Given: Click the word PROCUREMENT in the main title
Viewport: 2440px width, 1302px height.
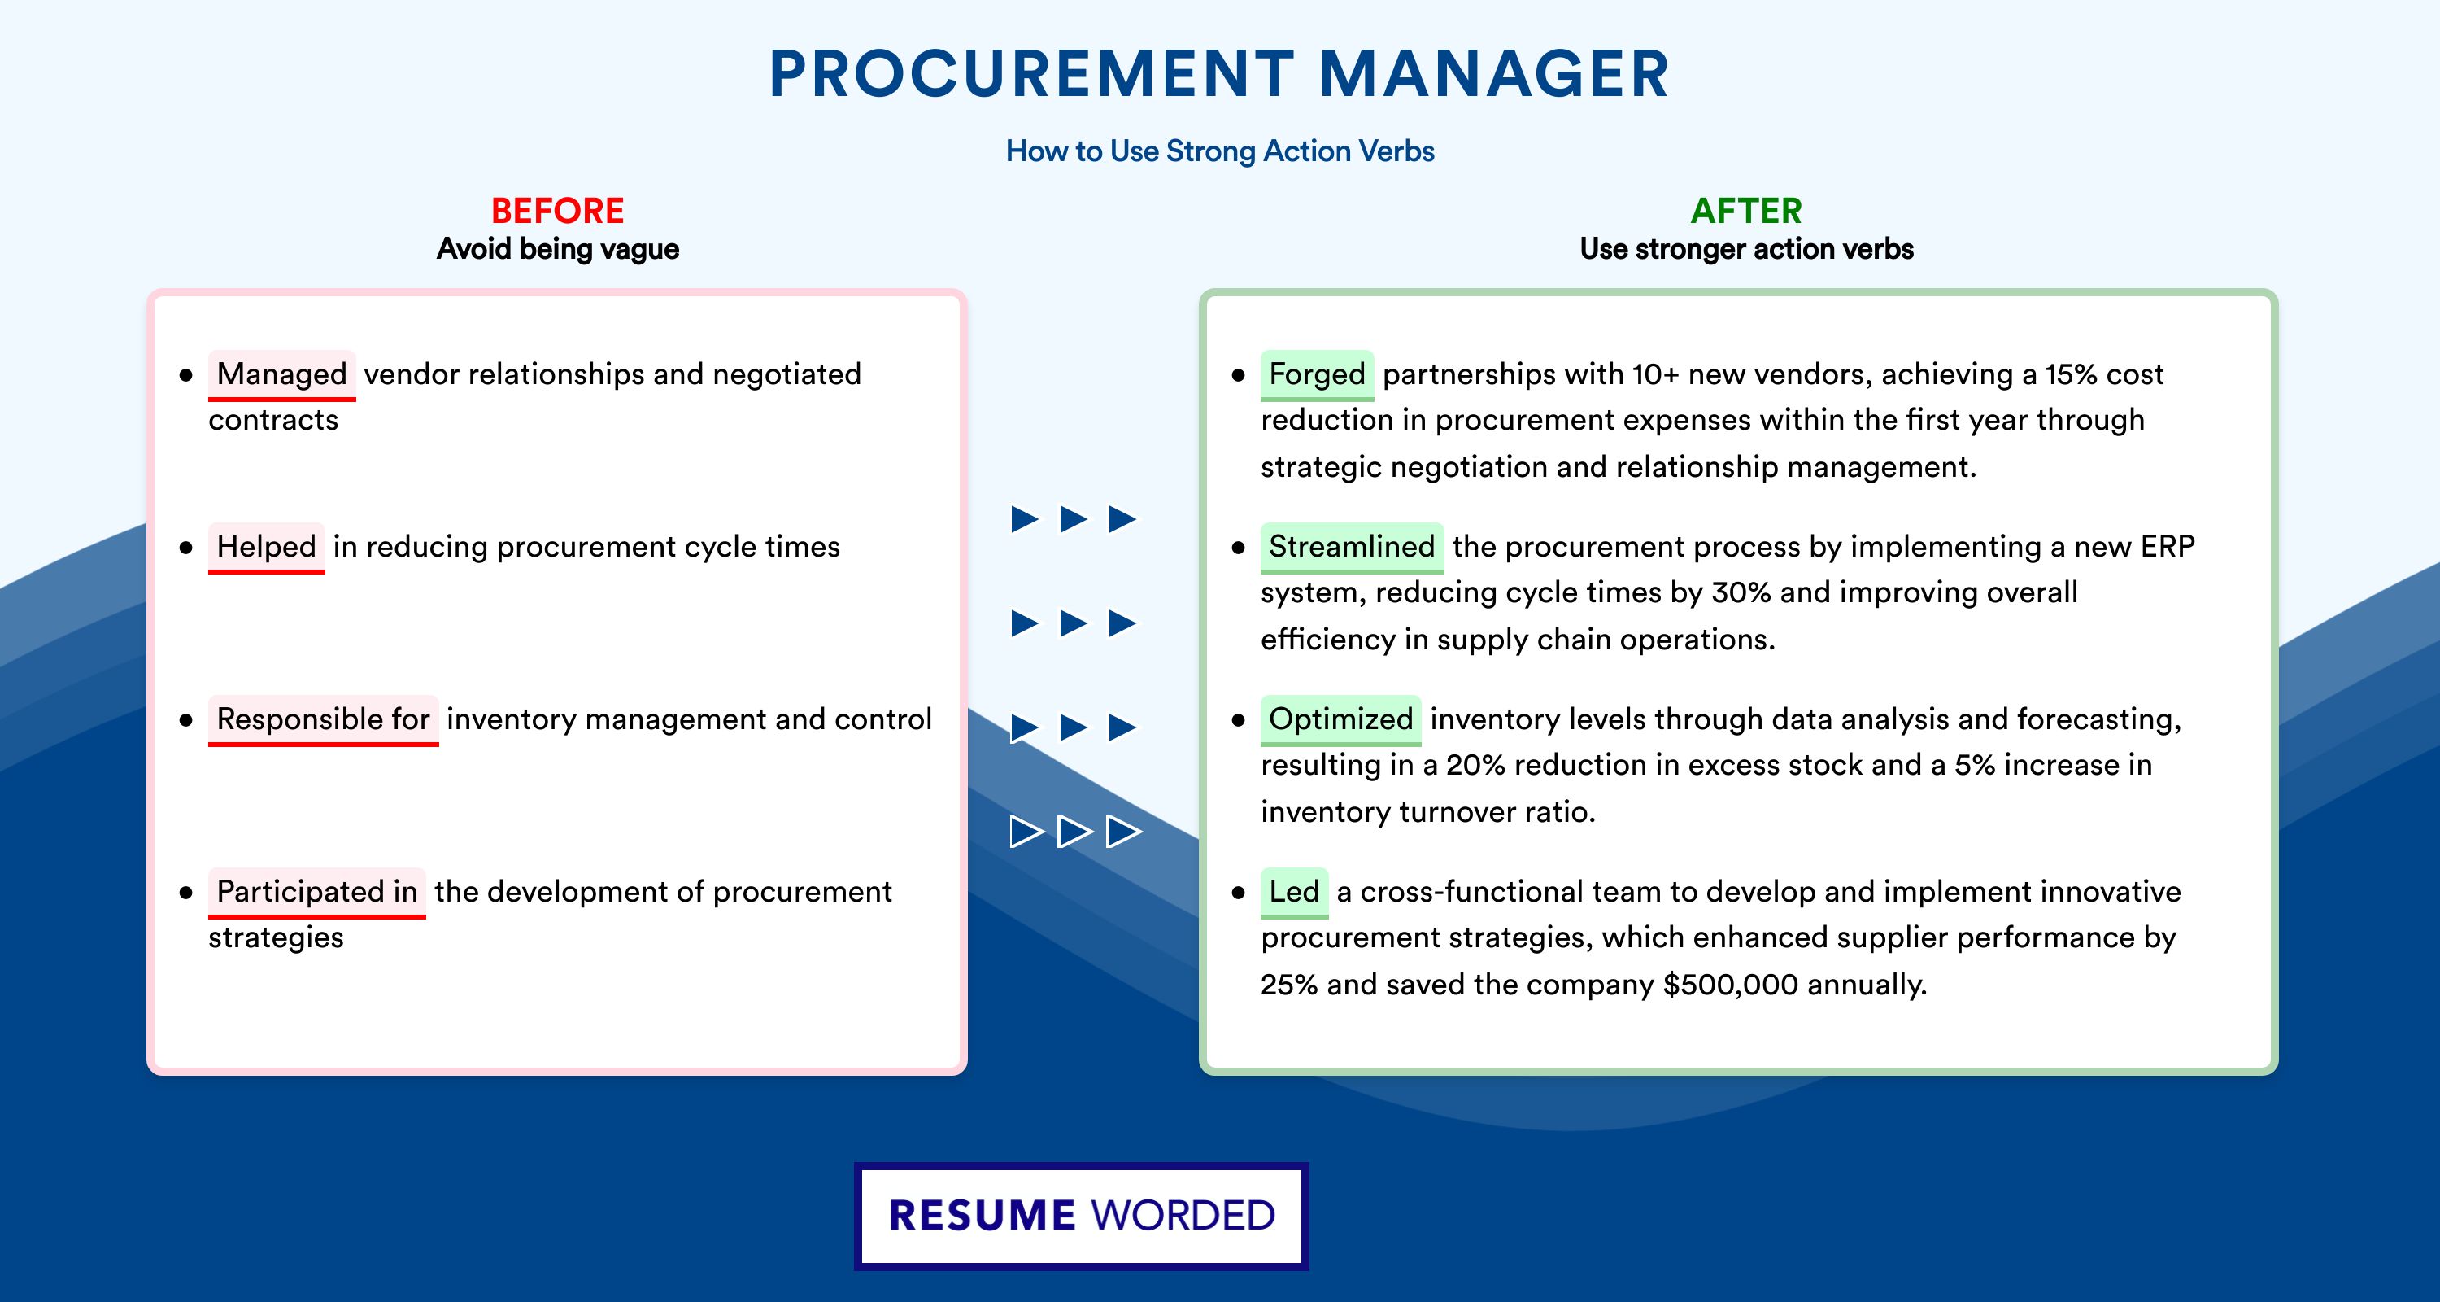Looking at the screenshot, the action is pos(1031,74).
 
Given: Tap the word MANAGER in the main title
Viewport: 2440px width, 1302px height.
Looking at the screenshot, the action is pos(1494,74).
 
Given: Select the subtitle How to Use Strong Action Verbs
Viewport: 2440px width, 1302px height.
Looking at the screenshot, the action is pos(1220,151).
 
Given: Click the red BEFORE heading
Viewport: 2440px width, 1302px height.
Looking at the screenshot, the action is pos(557,211).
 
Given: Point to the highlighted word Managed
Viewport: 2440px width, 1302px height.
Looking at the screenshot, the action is pos(282,374).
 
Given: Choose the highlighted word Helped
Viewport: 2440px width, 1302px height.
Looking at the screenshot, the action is pos(266,547).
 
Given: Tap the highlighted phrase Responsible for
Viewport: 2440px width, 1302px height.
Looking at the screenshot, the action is pos(323,719).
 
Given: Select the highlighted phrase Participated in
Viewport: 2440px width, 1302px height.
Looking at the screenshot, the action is pos(316,892).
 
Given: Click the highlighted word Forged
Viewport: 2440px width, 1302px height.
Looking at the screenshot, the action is pos(1317,374).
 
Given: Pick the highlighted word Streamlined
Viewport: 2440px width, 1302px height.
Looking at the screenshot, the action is pos(1352,547).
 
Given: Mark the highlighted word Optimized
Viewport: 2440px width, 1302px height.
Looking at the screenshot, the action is pos(1340,719).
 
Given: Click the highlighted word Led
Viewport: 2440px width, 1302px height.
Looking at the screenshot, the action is pos(1294,892).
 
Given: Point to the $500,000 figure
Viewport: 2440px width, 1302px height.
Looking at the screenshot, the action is pos(1731,985).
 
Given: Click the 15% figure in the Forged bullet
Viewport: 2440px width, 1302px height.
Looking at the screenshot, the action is pos(2071,374).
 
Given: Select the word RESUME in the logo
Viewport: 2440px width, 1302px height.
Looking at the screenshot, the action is pos(983,1216).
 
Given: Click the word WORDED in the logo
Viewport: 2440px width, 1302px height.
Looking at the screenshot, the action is pos(1183,1216).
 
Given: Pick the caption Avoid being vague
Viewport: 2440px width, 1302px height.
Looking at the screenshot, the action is pos(558,249).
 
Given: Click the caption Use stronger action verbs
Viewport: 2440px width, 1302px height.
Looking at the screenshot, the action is pos(1747,249).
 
